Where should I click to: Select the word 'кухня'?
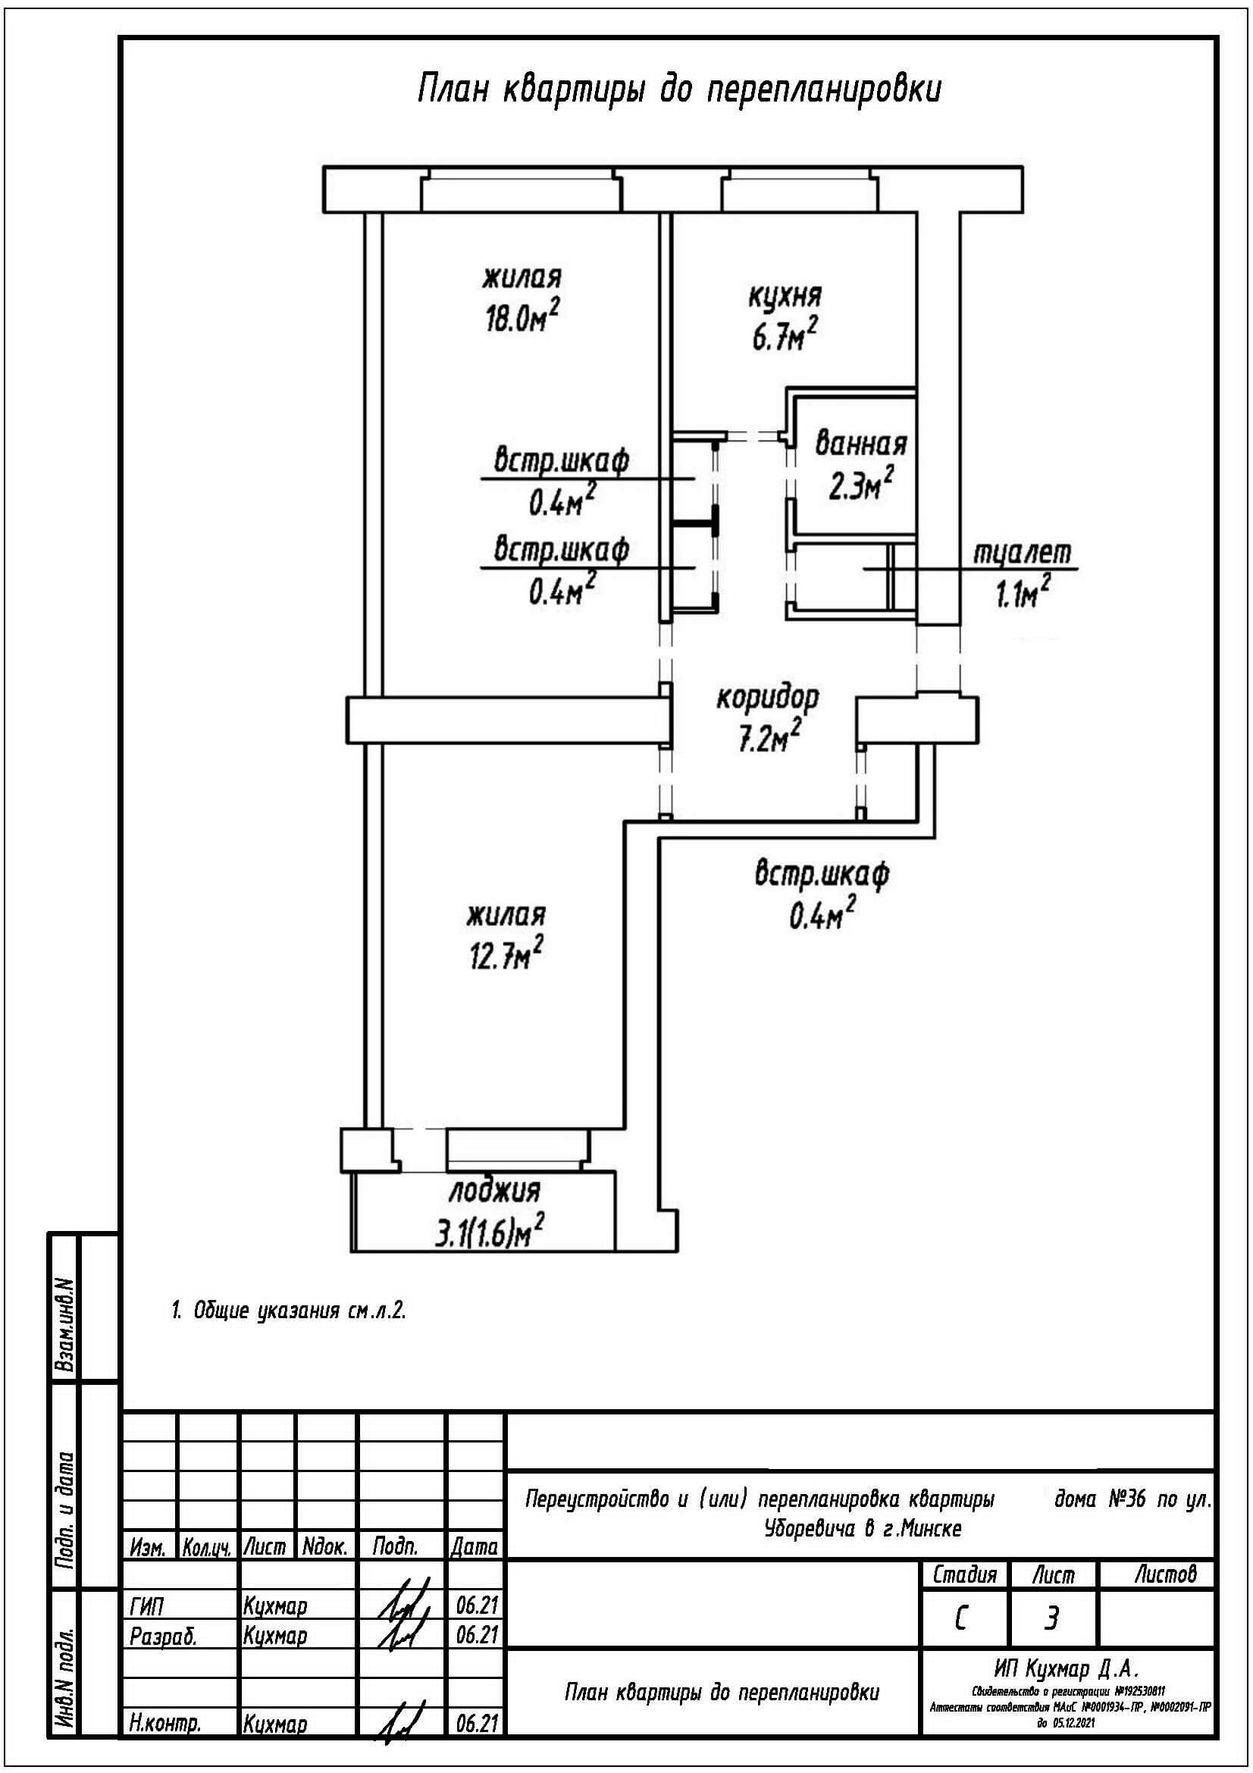click(785, 295)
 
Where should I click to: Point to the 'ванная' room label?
click(861, 445)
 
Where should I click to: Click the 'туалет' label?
click(1022, 553)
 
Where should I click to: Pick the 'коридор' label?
click(766, 699)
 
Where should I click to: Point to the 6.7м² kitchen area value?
click(785, 337)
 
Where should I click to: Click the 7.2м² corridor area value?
click(766, 739)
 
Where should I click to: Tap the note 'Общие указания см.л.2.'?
click(288, 1311)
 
